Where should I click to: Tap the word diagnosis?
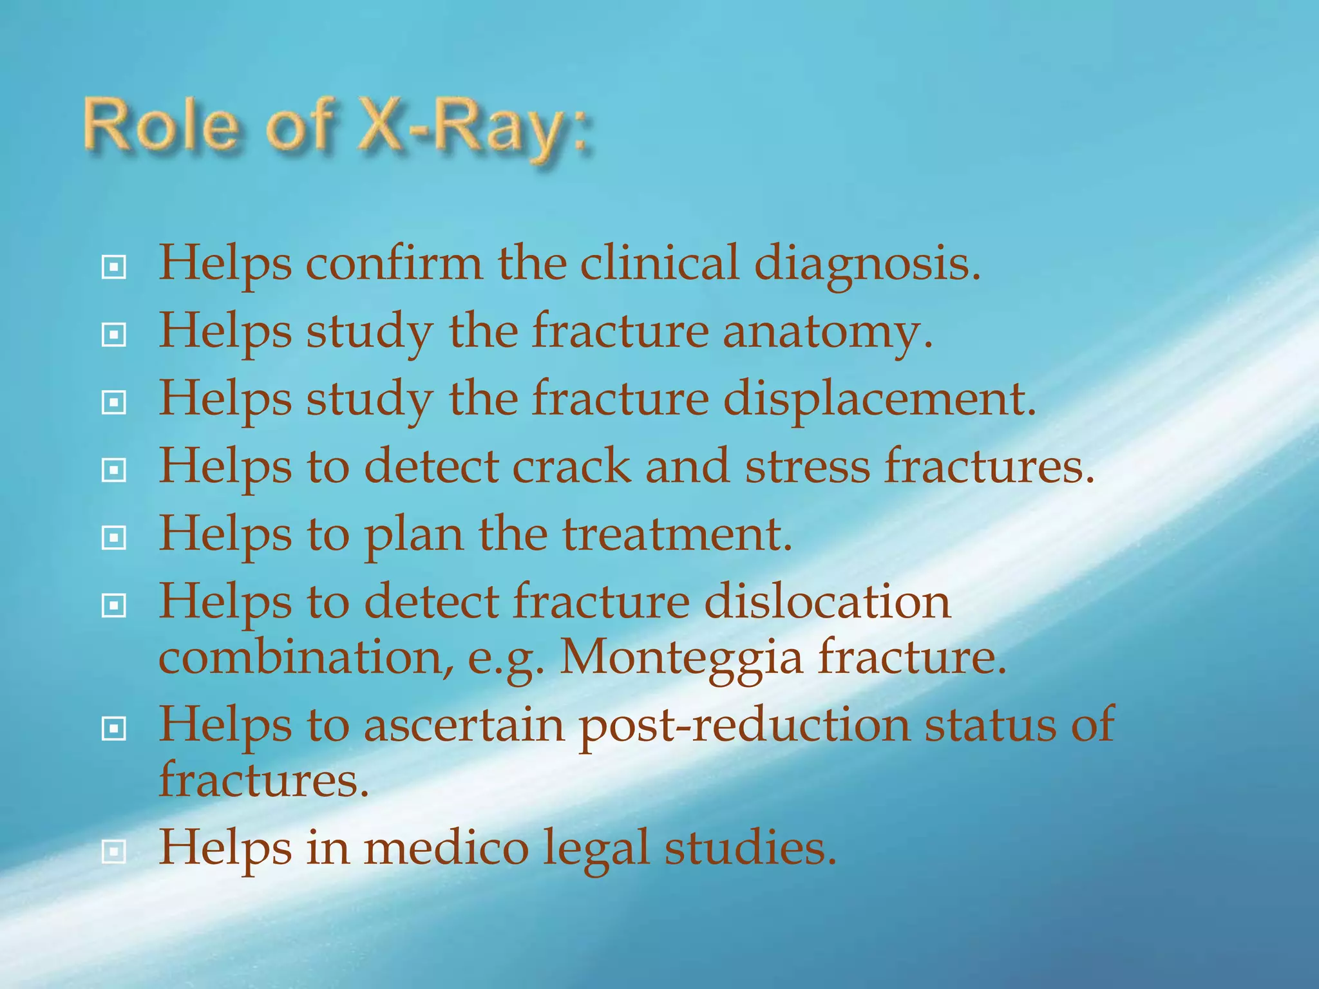pos(867,264)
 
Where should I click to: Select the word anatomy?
pos(827,332)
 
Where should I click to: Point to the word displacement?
pos(879,400)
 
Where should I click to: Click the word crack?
pos(571,466)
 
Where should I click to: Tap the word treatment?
pos(677,534)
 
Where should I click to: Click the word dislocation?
pos(827,601)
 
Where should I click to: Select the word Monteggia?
pos(682,657)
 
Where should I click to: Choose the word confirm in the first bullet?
pos(394,264)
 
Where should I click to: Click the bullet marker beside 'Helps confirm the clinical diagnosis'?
pos(114,267)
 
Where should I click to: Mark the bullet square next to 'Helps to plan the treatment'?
pos(114,538)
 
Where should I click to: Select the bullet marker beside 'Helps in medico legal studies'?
pos(114,852)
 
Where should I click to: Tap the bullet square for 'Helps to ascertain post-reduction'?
pos(114,728)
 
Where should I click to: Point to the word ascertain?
pos(464,724)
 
